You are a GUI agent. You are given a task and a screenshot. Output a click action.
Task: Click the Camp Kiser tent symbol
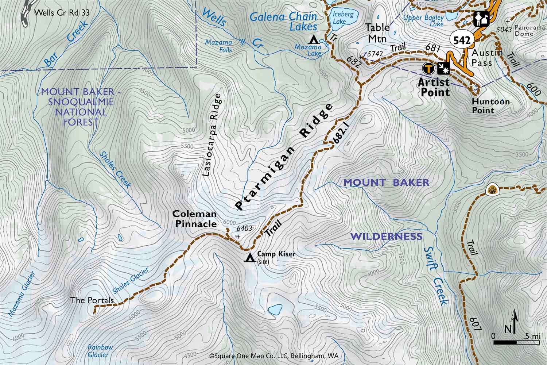pyautogui.click(x=250, y=258)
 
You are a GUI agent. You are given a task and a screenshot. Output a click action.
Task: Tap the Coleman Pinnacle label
pyautogui.click(x=195, y=219)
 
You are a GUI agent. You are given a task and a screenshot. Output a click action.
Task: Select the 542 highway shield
pyautogui.click(x=462, y=40)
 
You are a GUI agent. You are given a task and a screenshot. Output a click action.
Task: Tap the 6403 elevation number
pyautogui.click(x=244, y=228)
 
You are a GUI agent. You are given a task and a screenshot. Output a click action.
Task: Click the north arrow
pyautogui.click(x=515, y=321)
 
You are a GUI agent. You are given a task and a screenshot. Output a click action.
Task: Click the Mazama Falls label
pyautogui.click(x=218, y=46)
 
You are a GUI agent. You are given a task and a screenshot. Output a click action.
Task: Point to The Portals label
pyautogui.click(x=92, y=300)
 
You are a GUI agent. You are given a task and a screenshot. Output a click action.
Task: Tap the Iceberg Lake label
pyautogui.click(x=343, y=18)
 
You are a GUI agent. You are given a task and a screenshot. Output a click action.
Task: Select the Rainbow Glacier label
pyautogui.click(x=100, y=351)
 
